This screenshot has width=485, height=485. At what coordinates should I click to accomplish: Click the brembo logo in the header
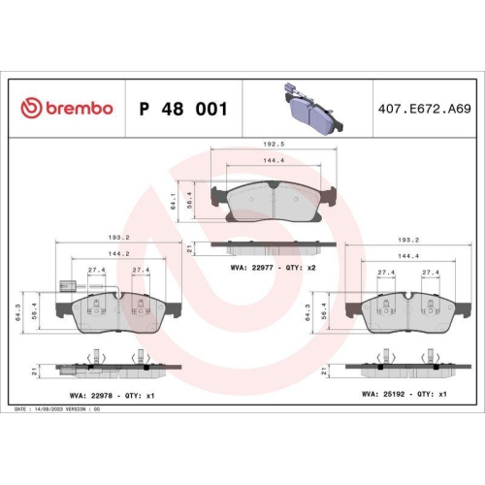(x=67, y=109)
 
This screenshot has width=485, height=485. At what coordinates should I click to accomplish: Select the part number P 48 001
(x=183, y=109)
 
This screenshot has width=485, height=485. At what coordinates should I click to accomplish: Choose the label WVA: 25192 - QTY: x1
(x=404, y=396)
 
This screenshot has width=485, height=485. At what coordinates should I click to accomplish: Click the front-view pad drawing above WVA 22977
(x=271, y=201)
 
